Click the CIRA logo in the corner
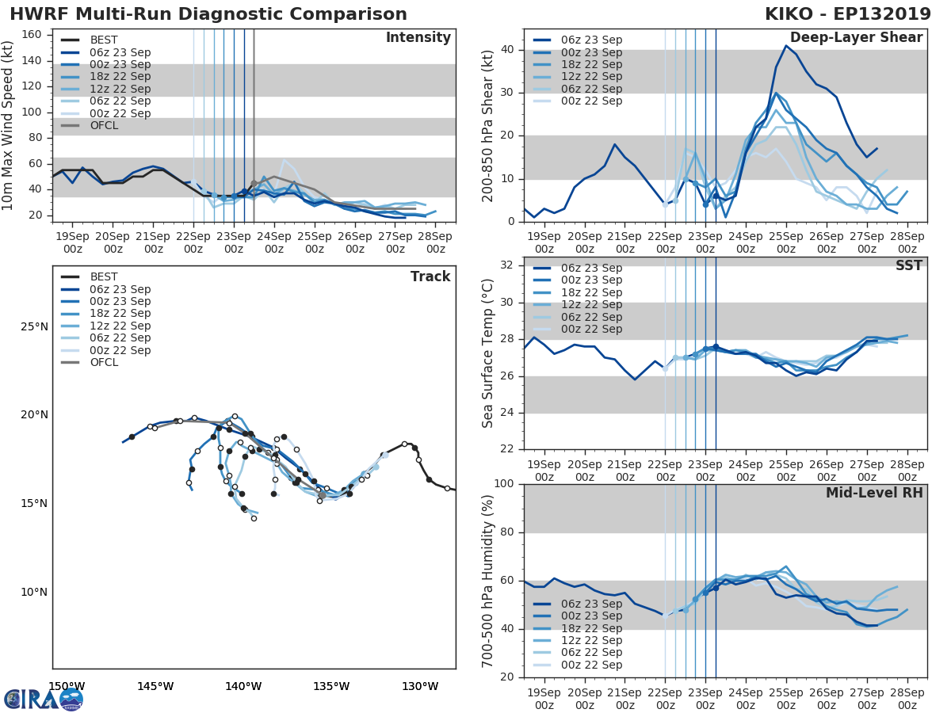pos(44,699)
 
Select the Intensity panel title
pos(418,38)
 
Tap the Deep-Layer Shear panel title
pos(856,38)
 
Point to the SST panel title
pos(907,265)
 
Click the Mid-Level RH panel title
pos(874,493)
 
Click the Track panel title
pos(430,276)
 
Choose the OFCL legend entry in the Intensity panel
pos(105,126)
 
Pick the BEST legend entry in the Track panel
pos(104,277)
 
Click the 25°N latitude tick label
pos(34,326)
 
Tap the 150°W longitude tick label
pos(67,686)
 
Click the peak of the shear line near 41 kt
pos(786,45)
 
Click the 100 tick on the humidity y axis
pos(503,484)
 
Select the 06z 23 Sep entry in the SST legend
pos(590,269)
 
